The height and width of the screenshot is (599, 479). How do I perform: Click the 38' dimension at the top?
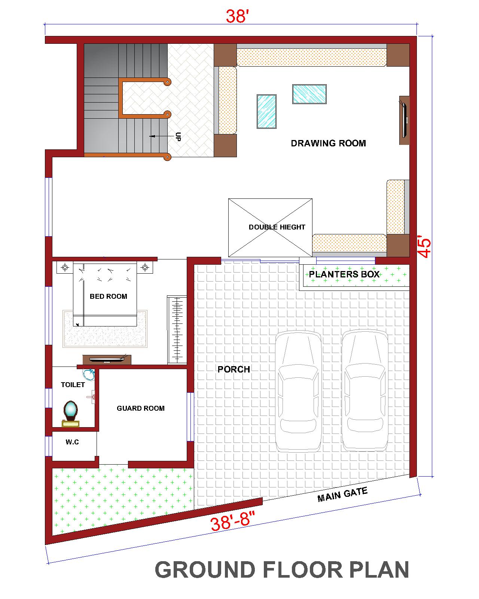(237, 16)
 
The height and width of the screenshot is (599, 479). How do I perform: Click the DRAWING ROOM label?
(328, 143)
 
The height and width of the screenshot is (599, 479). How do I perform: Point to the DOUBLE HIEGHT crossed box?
(270, 228)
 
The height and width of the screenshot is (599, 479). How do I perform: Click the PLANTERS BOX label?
(344, 274)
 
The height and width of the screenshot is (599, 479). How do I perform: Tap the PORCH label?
(234, 369)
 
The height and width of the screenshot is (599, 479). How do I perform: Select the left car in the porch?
(298, 391)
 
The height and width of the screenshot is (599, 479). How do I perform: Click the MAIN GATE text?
(342, 494)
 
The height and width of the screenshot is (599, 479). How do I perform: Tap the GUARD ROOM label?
(140, 408)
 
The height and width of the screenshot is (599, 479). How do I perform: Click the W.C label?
(72, 442)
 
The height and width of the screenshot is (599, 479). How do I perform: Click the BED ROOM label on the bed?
(108, 296)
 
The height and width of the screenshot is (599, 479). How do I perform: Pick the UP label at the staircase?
(177, 137)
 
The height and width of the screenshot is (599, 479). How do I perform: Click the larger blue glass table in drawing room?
(309, 94)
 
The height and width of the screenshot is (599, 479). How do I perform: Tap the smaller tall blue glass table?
(266, 112)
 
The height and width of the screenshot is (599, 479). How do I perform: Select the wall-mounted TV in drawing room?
(404, 120)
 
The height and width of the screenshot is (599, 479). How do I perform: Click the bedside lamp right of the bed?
(145, 267)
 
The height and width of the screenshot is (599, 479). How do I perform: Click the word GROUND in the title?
(205, 570)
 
